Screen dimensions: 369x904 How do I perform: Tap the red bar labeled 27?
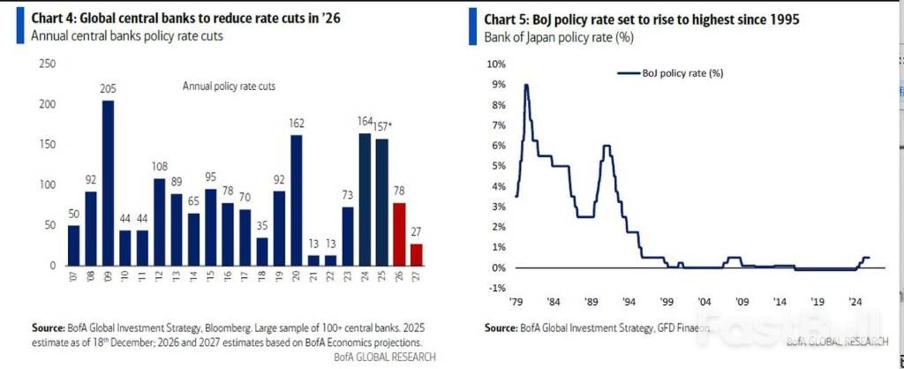click(417, 254)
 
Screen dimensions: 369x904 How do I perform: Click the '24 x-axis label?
click(855, 299)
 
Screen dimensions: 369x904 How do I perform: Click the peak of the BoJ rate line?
click(526, 85)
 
